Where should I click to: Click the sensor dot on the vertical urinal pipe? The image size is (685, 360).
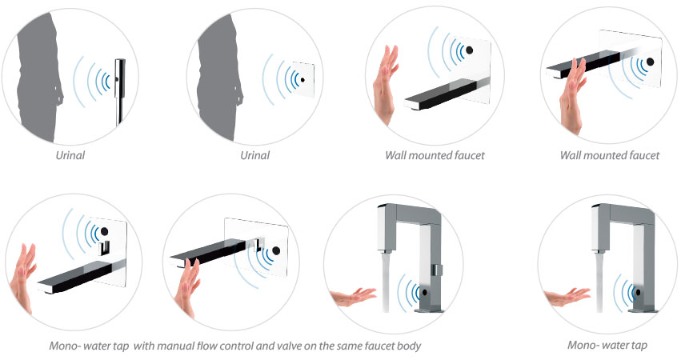click(118, 79)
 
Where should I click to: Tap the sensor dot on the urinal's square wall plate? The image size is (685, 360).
click(302, 80)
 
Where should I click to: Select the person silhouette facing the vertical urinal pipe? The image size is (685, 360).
click(38, 78)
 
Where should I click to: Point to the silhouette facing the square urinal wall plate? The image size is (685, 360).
click(219, 78)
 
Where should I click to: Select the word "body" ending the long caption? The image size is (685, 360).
click(409, 346)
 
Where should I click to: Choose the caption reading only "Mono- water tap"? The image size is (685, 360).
click(607, 345)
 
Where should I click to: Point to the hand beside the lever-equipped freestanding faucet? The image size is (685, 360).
click(353, 297)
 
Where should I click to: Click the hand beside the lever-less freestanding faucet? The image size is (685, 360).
click(567, 297)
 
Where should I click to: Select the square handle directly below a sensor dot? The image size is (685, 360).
click(104, 247)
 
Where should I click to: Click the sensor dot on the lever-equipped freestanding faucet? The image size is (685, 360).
click(423, 292)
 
